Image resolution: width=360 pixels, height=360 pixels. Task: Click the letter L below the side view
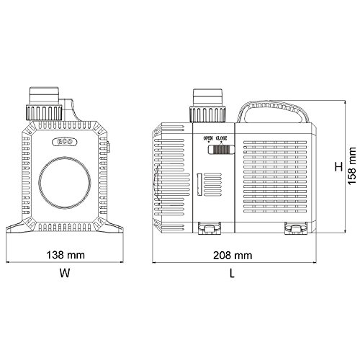click(233, 273)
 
